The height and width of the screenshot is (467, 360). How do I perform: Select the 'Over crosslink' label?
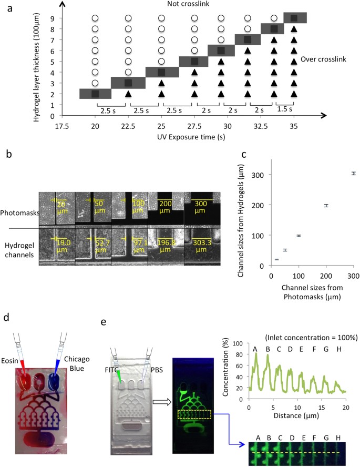325,59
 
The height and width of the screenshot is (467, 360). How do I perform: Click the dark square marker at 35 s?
294,18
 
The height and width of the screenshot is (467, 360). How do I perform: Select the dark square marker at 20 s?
95,94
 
